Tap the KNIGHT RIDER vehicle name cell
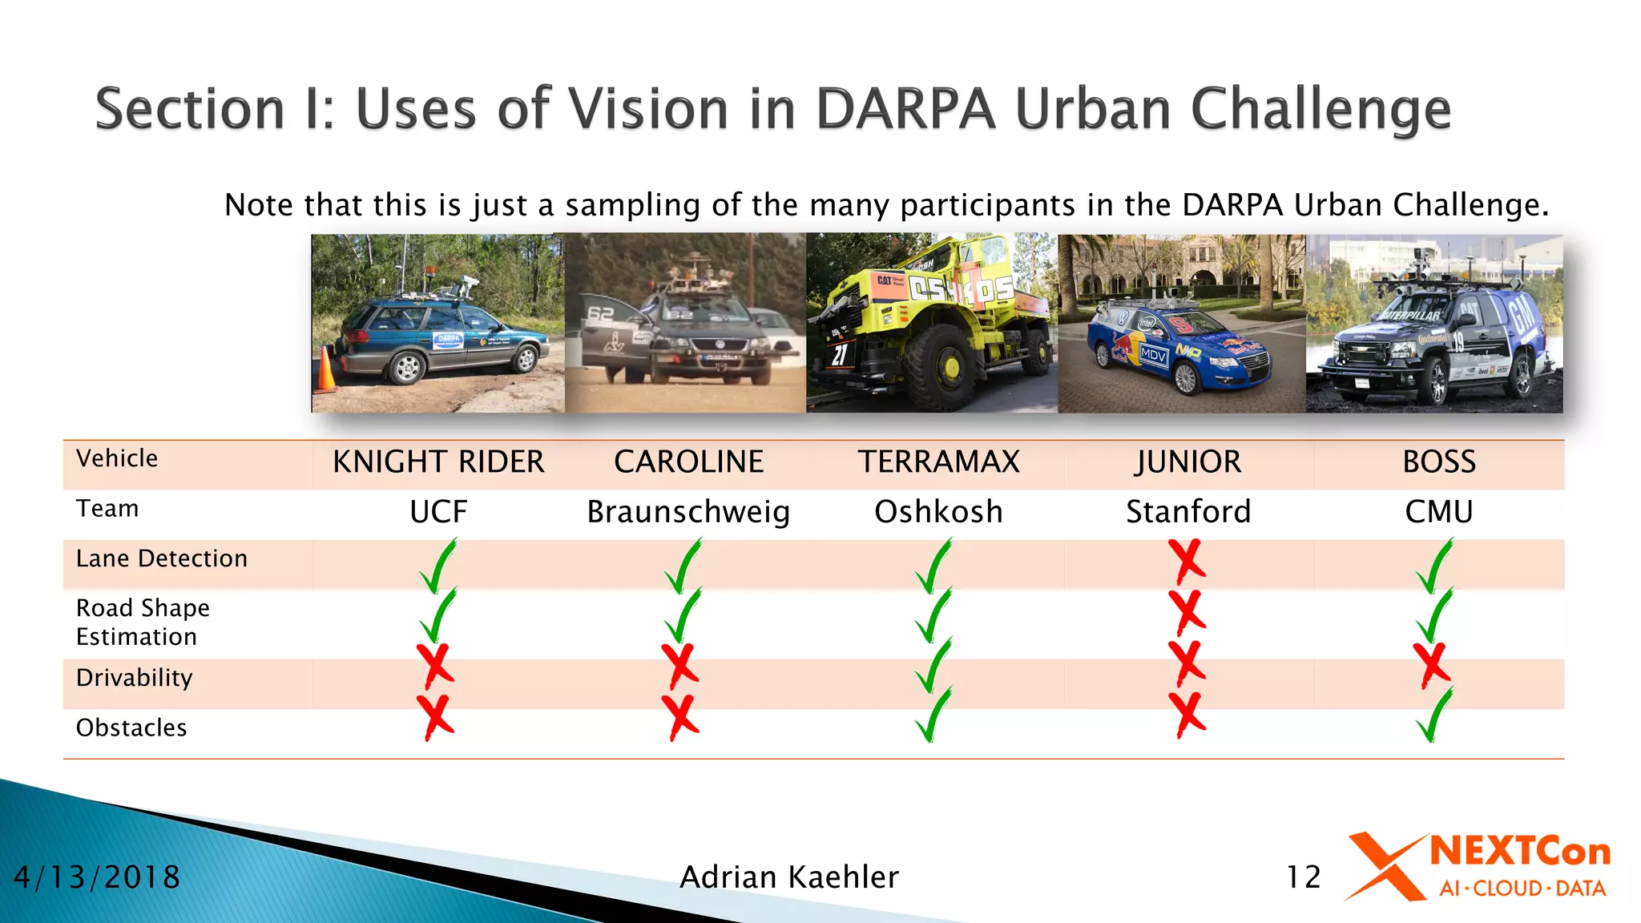(x=438, y=462)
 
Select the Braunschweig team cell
(x=688, y=512)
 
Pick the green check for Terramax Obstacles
(x=933, y=715)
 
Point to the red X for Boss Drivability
(x=1432, y=665)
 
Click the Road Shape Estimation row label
(x=143, y=622)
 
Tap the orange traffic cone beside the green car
(x=325, y=371)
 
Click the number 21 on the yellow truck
(x=838, y=354)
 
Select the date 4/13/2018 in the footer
(x=97, y=877)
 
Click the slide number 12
(x=1303, y=877)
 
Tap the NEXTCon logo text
(x=1519, y=852)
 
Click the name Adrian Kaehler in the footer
(x=789, y=877)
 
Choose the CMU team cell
(x=1438, y=512)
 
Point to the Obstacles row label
(x=131, y=728)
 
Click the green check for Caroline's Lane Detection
(x=683, y=566)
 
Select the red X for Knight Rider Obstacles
(x=435, y=716)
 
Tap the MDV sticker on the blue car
(x=1153, y=354)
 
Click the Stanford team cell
(x=1188, y=512)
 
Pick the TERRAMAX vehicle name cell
(x=938, y=462)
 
